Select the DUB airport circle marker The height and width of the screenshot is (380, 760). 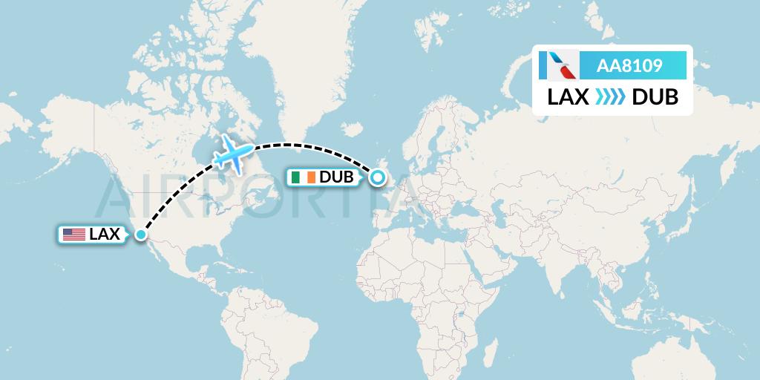pyautogui.click(x=378, y=177)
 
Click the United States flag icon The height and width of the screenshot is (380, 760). pyautogui.click(x=73, y=235)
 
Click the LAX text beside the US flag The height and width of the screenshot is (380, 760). pyautogui.click(x=104, y=235)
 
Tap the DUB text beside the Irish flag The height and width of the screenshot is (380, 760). pyautogui.click(x=335, y=177)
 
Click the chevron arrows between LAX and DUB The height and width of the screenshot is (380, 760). pyautogui.click(x=610, y=98)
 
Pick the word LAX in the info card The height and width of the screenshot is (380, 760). pyautogui.click(x=569, y=98)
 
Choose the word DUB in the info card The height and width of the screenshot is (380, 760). pyautogui.click(x=655, y=98)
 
